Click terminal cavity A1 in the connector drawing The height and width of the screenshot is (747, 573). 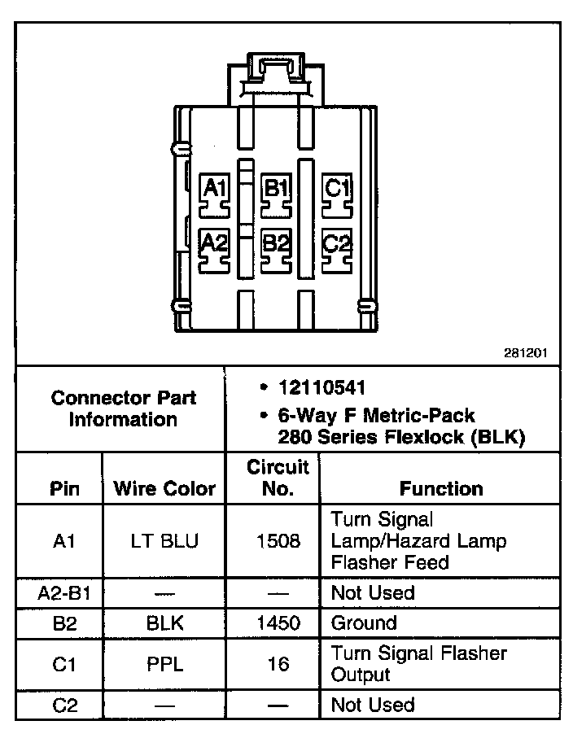pyautogui.click(x=215, y=194)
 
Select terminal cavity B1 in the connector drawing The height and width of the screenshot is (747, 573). pyautogui.click(x=276, y=194)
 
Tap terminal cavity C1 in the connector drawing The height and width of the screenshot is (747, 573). pyautogui.click(x=336, y=194)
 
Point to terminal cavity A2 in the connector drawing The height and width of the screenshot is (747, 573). pyautogui.click(x=215, y=247)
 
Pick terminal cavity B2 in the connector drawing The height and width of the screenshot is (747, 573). pyautogui.click(x=276, y=247)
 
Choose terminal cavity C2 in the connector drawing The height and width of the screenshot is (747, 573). pyautogui.click(x=336, y=247)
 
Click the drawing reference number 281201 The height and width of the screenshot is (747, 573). pyautogui.click(x=527, y=354)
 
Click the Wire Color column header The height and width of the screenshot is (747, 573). pyautogui.click(x=164, y=488)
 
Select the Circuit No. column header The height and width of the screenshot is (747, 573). pyautogui.click(x=278, y=478)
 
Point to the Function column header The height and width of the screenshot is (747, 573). pyautogui.click(x=441, y=488)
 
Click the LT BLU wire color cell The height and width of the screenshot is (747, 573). pyautogui.click(x=164, y=541)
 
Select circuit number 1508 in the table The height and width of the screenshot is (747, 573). pyautogui.click(x=278, y=541)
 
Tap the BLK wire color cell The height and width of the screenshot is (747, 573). pyautogui.click(x=164, y=623)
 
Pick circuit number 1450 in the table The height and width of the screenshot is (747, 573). pyautogui.click(x=278, y=623)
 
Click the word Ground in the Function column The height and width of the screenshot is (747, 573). pyautogui.click(x=364, y=623)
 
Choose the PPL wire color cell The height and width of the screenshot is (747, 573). pyautogui.click(x=164, y=664)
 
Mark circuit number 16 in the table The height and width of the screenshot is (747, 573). pyautogui.click(x=278, y=664)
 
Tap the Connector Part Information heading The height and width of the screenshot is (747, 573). pyautogui.click(x=123, y=408)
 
